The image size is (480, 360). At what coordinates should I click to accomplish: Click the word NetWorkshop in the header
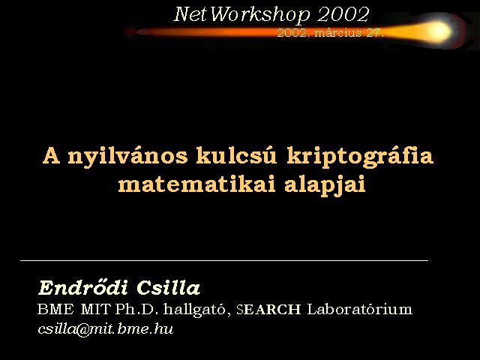coord(242,14)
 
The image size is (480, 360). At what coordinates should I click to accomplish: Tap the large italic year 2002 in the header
coord(343,14)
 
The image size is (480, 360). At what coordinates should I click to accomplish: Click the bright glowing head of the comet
coord(439,31)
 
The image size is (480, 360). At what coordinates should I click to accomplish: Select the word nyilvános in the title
coord(127,157)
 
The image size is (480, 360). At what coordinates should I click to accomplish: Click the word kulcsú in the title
coord(236,155)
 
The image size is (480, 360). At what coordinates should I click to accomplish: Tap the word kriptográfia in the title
coord(360,157)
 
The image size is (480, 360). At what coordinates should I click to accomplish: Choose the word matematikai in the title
coord(196,184)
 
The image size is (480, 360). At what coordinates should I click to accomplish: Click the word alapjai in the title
coord(325,185)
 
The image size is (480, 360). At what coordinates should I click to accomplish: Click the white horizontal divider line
coord(224,260)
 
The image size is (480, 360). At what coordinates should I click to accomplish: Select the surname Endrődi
coord(83,287)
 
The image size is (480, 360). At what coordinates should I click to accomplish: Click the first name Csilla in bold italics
coord(168,287)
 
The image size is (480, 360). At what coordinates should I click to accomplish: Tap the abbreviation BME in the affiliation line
coord(55,310)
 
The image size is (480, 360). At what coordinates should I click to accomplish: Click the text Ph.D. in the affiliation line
coord(136,310)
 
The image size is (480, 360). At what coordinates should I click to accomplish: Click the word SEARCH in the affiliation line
coord(268,310)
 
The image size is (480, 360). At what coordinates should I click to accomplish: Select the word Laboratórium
coord(360,309)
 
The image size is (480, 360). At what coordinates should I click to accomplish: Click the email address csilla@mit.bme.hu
coord(106,329)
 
